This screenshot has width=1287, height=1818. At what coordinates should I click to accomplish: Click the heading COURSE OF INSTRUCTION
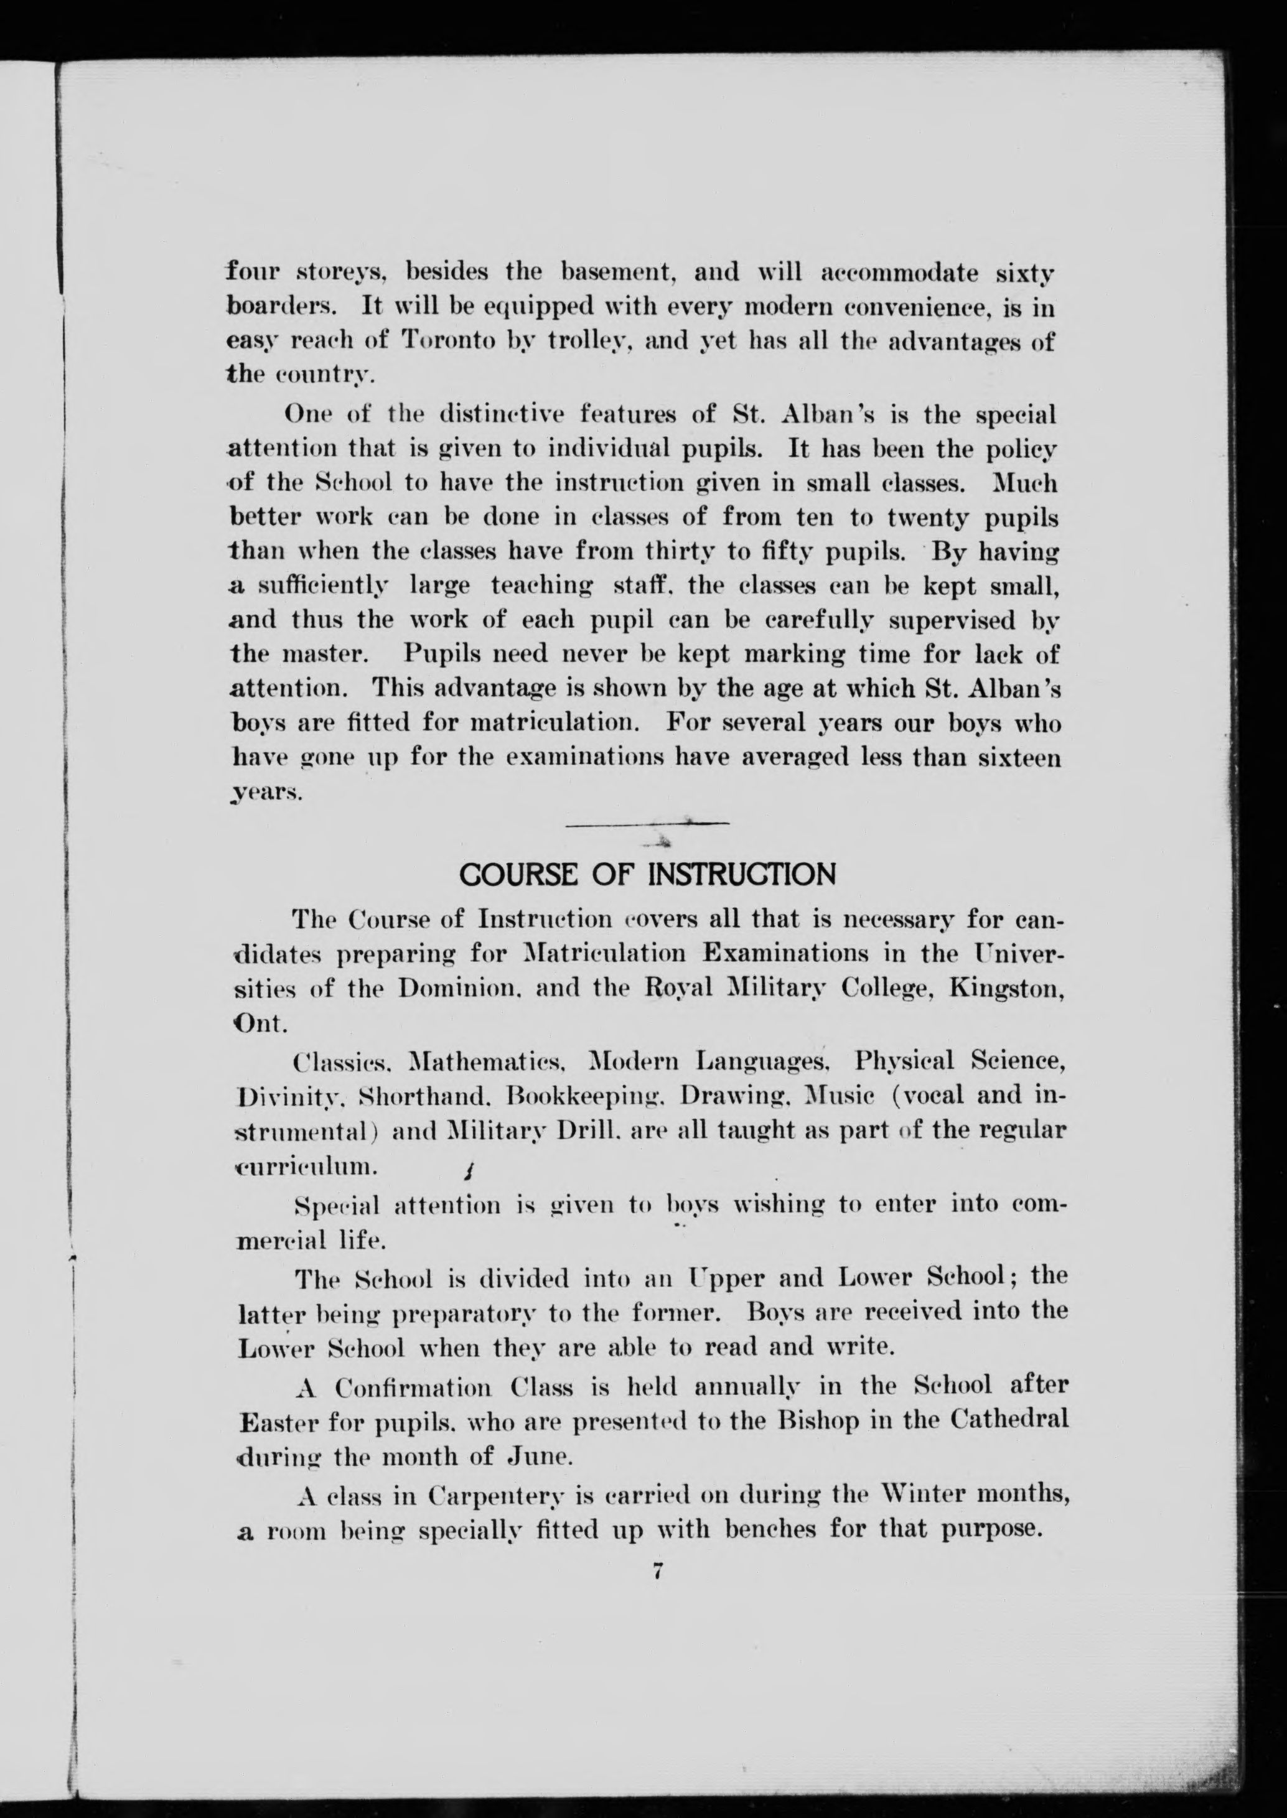pos(647,875)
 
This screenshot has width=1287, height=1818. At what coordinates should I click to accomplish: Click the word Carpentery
pos(496,1496)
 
